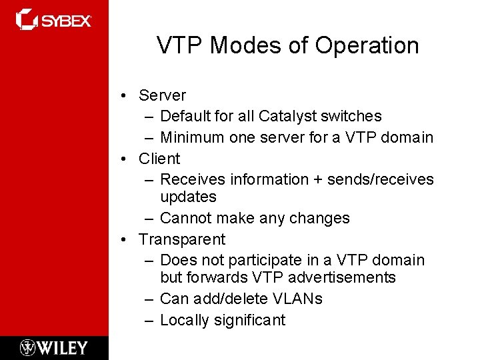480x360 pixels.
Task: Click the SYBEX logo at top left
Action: (53, 20)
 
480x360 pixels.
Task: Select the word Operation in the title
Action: (367, 45)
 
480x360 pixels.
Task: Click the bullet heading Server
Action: (162, 95)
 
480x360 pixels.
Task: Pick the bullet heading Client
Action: (159, 159)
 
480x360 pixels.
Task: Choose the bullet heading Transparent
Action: (182, 239)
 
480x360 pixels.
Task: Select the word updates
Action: (188, 197)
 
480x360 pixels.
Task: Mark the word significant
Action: (249, 320)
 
